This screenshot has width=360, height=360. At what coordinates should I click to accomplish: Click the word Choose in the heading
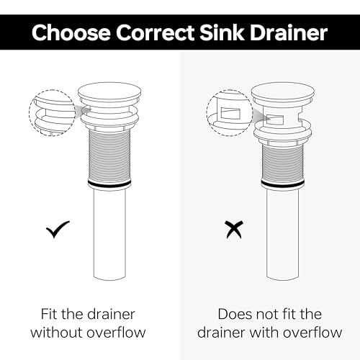coord(71,32)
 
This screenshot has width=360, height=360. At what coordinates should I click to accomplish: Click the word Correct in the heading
coord(156,32)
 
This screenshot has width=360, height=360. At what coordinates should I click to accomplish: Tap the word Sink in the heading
coord(222,32)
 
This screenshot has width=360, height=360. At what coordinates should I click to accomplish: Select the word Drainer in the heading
coord(289,32)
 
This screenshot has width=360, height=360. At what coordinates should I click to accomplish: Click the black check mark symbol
coord(58,230)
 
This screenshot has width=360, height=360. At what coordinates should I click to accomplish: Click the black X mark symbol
coord(234,230)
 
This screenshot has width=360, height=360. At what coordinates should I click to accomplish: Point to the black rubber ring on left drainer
coord(109,184)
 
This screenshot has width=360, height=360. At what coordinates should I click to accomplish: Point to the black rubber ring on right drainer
coord(283,184)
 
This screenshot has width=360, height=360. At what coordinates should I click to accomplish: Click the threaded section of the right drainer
coord(283,163)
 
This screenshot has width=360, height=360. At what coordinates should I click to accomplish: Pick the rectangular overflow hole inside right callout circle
coord(230,114)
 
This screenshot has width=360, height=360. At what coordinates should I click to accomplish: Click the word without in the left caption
coord(57,333)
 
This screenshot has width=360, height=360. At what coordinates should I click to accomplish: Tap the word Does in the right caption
coord(235,314)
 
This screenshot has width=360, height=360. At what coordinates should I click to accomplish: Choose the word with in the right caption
coord(264,333)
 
